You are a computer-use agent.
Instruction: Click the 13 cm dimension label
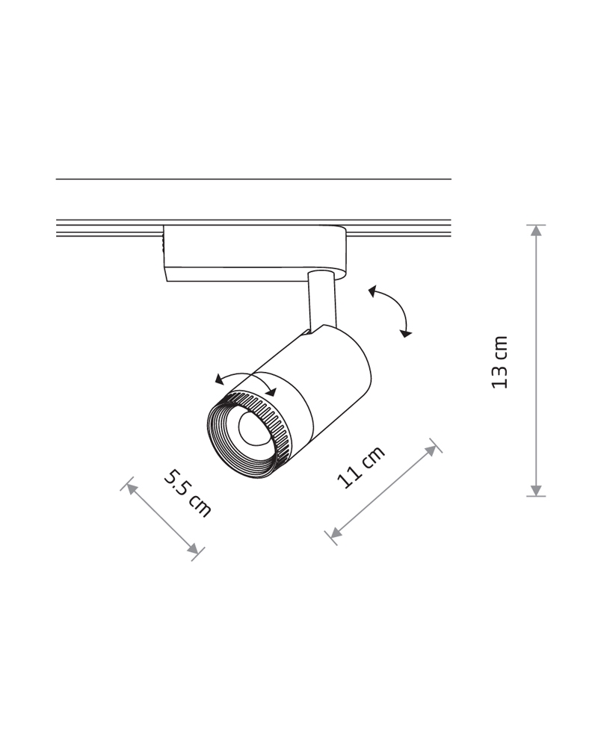tap(500, 362)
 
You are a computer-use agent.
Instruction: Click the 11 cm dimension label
tap(361, 468)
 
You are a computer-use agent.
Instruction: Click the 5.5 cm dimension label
tap(187, 493)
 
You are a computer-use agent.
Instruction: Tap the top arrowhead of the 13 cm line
tap(537, 231)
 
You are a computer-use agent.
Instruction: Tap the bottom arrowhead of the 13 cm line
tap(537, 490)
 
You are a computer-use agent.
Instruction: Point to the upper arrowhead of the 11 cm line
tap(431, 450)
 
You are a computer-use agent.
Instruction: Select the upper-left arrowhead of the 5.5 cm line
tap(132, 489)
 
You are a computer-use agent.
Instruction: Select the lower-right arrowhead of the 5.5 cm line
tap(193, 549)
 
